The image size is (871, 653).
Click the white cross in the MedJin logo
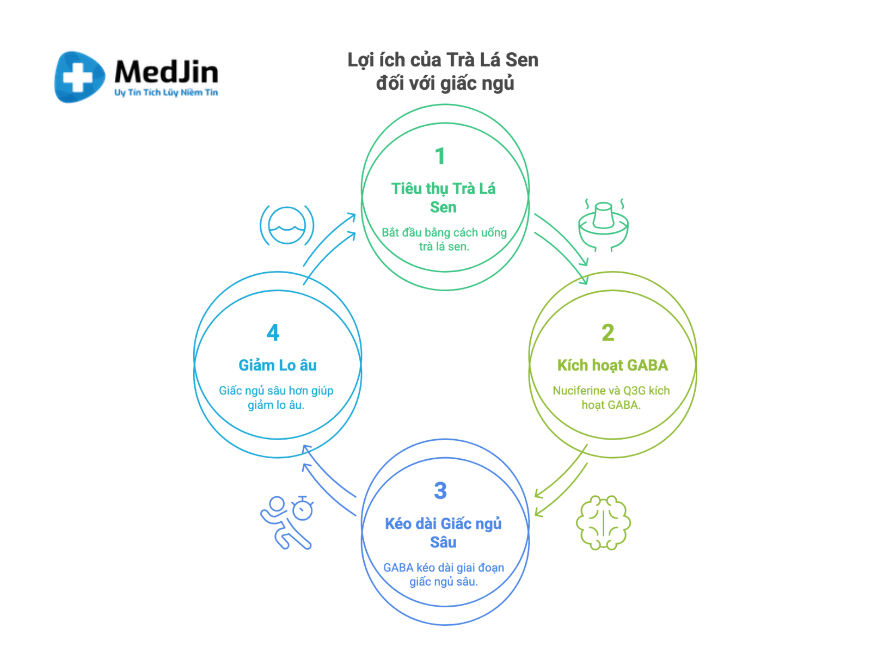coord(77,77)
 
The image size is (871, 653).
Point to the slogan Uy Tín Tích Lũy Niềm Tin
coord(166,93)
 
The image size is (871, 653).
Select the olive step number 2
coord(608,332)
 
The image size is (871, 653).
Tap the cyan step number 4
coord(273,332)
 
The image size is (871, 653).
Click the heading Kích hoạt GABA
coord(612,365)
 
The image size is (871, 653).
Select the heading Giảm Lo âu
coord(278,365)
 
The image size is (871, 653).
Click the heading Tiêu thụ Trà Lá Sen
coord(443,198)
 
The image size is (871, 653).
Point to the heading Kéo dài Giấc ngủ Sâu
coord(443,533)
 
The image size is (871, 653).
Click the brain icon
coord(603,522)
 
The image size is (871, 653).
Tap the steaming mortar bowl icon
coord(603,225)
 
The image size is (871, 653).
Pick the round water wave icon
coord(287,225)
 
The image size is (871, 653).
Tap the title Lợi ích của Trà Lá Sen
coord(443,60)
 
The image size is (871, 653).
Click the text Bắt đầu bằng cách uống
coord(444,232)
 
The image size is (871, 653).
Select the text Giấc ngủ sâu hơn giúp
coord(276,391)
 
